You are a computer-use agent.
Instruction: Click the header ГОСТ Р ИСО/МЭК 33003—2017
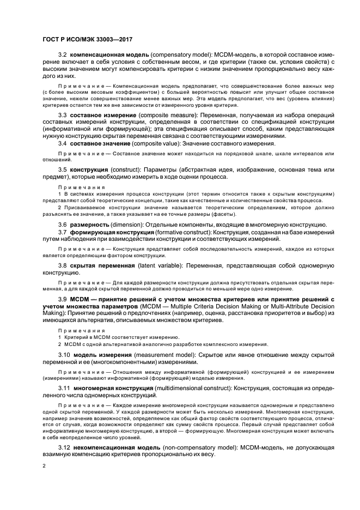click(x=88, y=40)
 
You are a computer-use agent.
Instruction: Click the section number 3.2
click(x=63, y=56)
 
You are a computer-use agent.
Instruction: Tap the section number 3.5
click(x=63, y=171)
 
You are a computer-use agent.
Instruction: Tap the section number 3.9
click(x=63, y=300)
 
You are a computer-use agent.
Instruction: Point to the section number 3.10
click(x=64, y=355)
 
